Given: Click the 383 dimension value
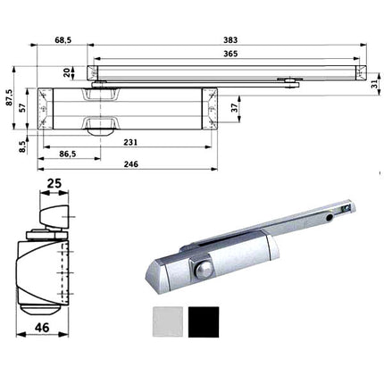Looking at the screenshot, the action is (230, 40).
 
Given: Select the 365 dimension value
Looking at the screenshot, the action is (230, 54).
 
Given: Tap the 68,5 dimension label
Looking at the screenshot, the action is (63, 40).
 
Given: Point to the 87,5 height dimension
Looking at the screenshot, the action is (9, 97).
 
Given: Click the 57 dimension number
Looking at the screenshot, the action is (21, 107).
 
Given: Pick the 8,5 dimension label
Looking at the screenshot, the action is (22, 146).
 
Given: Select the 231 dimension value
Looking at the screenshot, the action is (130, 142).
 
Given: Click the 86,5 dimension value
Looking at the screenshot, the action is (68, 154).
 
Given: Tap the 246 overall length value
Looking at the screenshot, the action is (131, 164).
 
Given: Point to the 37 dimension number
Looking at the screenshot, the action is (235, 107).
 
